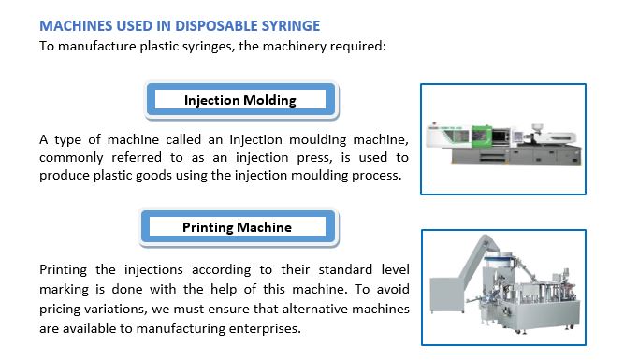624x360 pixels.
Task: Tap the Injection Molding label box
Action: coord(240,100)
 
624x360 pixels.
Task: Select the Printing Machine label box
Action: coord(237,227)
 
